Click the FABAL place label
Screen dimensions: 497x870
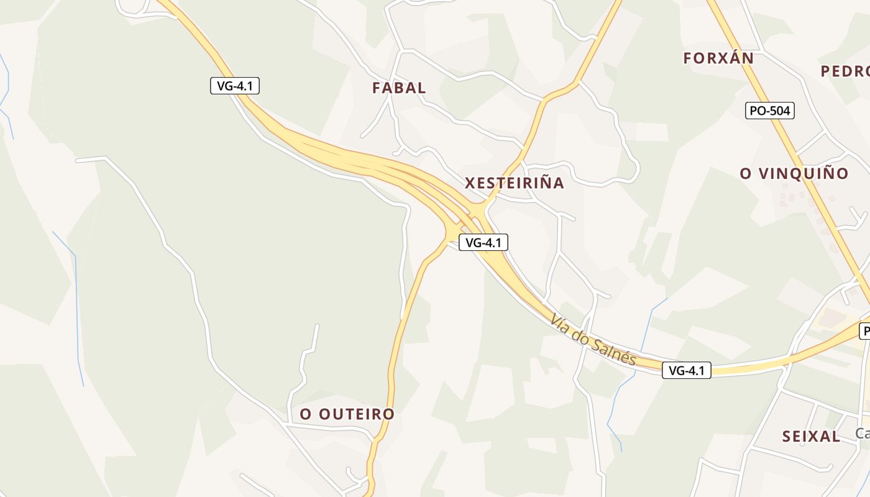[x=399, y=88]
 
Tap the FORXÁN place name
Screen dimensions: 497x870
[x=718, y=58]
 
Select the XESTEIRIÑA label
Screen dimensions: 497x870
[x=515, y=183]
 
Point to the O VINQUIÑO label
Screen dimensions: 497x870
[x=794, y=174]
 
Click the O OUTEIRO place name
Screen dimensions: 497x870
[x=347, y=414]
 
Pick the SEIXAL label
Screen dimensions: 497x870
[x=811, y=437]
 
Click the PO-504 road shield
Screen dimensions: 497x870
[x=769, y=111]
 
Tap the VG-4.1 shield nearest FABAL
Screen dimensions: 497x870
[x=234, y=86]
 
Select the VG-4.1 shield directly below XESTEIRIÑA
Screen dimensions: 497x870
[x=483, y=243]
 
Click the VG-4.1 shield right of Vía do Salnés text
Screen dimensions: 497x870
[x=686, y=371]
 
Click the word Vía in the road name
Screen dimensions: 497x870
[x=560, y=322]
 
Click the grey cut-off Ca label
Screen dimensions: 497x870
[x=862, y=434]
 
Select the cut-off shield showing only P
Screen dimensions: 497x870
[x=864, y=331]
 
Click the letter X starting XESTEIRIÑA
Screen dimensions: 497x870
[x=470, y=183]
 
